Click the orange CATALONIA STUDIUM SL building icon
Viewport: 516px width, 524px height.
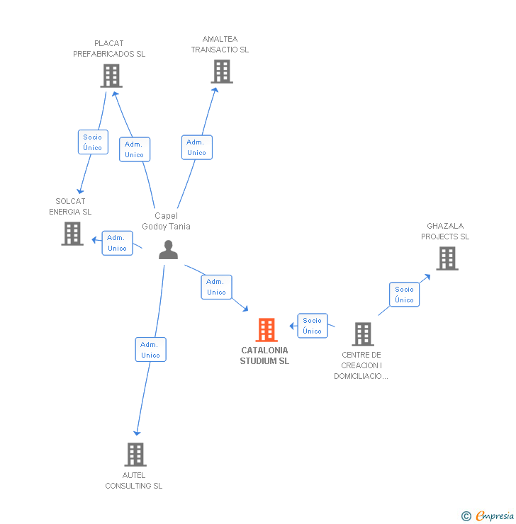267,330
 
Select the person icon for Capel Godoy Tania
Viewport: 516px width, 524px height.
168,250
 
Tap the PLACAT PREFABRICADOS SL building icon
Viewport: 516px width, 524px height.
111,76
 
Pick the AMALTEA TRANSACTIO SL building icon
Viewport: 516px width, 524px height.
221,72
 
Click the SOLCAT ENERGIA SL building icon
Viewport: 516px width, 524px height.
72,233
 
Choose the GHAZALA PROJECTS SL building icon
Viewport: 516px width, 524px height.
447,258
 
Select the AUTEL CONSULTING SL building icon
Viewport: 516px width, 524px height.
135,454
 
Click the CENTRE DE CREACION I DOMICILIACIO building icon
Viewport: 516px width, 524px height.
362,334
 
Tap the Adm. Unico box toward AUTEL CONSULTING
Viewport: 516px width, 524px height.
150,350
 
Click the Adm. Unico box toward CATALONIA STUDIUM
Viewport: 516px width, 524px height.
216,287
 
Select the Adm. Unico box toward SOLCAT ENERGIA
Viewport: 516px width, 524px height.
117,243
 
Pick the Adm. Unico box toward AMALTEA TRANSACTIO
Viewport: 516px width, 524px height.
196,147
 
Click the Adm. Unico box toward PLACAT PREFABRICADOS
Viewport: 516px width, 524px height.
134,149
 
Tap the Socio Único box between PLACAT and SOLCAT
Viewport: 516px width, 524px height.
92,142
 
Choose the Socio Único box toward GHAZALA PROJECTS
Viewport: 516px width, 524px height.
404,295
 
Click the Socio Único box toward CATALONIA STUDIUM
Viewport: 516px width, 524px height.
312,326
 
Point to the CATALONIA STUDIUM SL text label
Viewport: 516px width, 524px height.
264,355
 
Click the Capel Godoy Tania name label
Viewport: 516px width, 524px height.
166,222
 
